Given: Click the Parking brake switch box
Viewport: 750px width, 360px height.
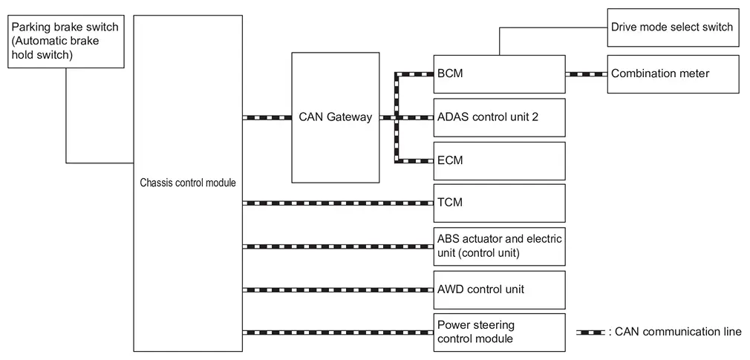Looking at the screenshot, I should coord(66,42).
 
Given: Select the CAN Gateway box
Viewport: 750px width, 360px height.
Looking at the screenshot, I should coord(335,117).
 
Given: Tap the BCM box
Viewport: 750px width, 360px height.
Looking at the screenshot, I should coord(499,73).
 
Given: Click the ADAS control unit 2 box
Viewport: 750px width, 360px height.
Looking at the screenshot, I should coord(499,117).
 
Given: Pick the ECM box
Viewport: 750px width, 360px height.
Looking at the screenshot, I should coord(499,160).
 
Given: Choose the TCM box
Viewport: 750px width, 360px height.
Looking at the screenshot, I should coord(499,203).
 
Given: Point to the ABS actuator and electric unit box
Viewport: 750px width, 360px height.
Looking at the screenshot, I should coord(499,246).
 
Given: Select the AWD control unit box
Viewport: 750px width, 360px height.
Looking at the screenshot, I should coord(499,289).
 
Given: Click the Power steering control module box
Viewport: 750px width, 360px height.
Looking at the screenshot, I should coord(499,332).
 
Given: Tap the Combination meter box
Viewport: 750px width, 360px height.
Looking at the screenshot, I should coord(673,73).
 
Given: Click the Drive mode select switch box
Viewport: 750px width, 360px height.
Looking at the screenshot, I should coord(673,27).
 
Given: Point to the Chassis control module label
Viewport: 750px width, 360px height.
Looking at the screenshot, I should coord(188,183).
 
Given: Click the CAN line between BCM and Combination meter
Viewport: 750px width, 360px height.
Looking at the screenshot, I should coord(587,73).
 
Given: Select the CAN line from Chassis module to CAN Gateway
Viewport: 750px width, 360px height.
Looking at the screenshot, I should coord(267,117).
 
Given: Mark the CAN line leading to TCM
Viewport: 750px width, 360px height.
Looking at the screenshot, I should coord(338,203).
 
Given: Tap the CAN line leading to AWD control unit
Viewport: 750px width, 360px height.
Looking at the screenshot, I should coord(338,289).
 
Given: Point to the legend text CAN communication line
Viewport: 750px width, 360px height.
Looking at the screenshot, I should coord(676,332).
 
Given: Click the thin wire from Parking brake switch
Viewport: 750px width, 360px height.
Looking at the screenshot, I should coord(66,119).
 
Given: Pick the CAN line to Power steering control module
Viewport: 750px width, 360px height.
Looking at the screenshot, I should coord(338,332).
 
